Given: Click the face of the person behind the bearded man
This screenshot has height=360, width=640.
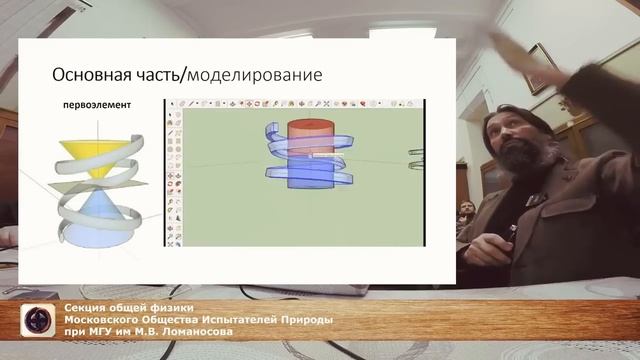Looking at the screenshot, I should click(x=467, y=209).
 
